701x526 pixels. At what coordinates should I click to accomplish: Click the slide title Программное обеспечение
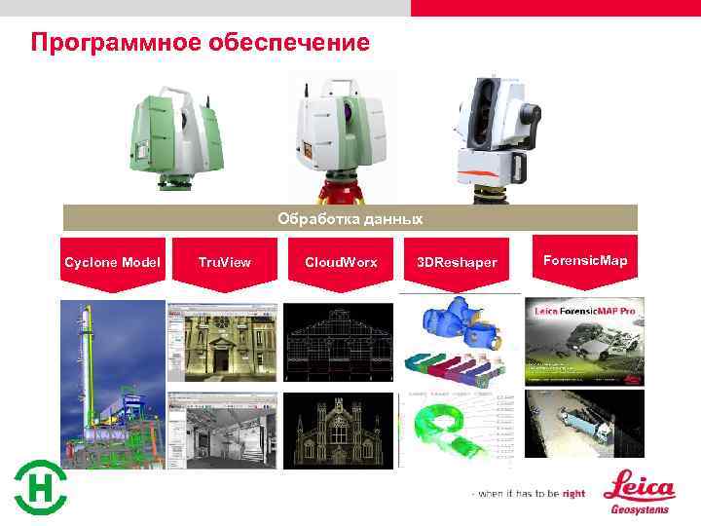click(x=200, y=43)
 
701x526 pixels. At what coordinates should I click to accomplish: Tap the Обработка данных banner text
click(x=350, y=217)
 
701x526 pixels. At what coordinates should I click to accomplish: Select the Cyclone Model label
click(x=113, y=262)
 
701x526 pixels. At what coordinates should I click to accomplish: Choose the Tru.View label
click(x=224, y=262)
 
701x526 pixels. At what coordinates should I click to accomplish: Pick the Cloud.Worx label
click(x=341, y=262)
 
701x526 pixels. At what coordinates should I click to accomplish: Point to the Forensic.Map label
click(x=585, y=260)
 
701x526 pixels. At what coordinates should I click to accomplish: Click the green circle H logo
click(x=40, y=486)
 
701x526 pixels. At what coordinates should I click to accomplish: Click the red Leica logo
click(x=639, y=484)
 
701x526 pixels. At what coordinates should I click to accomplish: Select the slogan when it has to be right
click(x=530, y=494)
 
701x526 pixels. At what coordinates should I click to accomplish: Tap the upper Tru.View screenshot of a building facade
click(x=223, y=341)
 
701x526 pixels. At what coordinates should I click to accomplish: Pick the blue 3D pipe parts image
click(x=458, y=327)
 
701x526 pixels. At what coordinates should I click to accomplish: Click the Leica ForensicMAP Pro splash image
click(x=583, y=341)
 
